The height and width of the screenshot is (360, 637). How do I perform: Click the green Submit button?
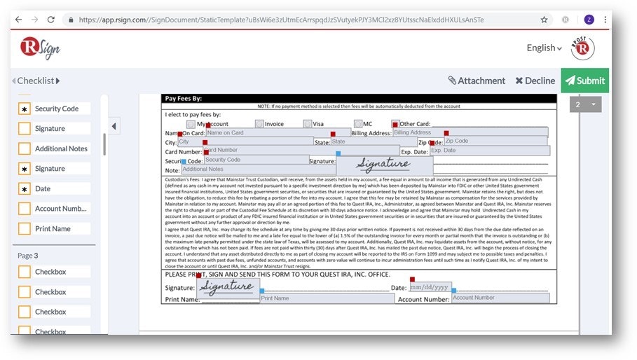pyautogui.click(x=584, y=81)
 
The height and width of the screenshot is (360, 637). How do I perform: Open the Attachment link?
pyautogui.click(x=476, y=81)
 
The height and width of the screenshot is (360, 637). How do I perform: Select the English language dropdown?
pyautogui.click(x=544, y=48)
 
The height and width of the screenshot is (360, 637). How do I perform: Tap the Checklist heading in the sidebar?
pyautogui.click(x=36, y=81)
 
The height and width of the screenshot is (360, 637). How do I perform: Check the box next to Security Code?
pyautogui.click(x=25, y=109)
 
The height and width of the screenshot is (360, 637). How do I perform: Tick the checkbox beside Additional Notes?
pyautogui.click(x=25, y=149)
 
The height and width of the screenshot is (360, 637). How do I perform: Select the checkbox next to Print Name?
pyautogui.click(x=25, y=229)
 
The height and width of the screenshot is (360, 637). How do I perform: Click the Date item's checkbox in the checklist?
pyautogui.click(x=25, y=189)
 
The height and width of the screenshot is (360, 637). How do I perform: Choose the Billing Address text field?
pyautogui.click(x=470, y=132)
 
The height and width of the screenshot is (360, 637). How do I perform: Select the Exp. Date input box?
pyautogui.click(x=488, y=151)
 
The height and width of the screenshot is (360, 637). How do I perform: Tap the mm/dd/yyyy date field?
pyautogui.click(x=430, y=287)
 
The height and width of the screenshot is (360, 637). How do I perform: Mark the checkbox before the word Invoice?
pyautogui.click(x=259, y=124)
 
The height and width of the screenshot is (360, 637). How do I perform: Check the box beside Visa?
pyautogui.click(x=308, y=124)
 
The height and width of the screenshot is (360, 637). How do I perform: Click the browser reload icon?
pyautogui.click(x=51, y=20)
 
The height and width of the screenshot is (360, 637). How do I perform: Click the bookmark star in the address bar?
pyautogui.click(x=544, y=20)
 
